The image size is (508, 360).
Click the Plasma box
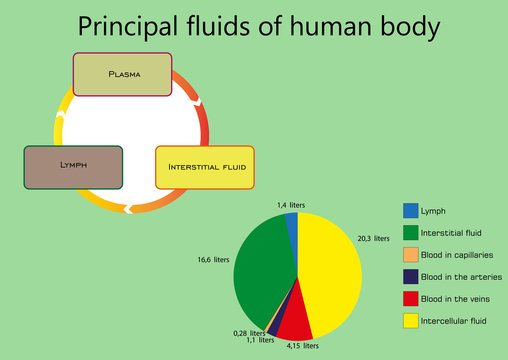(123, 74)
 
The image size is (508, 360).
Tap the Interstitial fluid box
(205, 167)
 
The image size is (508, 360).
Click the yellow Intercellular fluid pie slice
(330, 270)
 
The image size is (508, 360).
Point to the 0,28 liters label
(248, 332)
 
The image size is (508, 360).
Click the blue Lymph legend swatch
(410, 211)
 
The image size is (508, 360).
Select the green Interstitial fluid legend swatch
(410, 233)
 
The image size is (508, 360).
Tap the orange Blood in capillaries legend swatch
(410, 255)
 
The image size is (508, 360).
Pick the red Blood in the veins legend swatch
(410, 299)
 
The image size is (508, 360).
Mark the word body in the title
(400, 26)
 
